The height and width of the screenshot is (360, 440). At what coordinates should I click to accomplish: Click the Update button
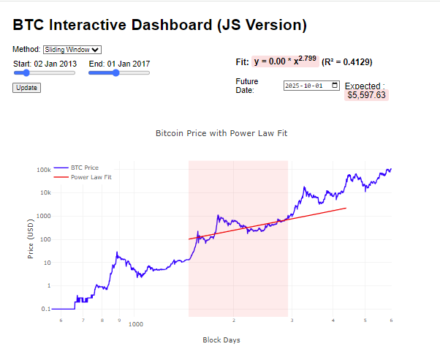tap(26, 88)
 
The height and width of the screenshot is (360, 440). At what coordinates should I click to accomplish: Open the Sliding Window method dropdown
tap(72, 49)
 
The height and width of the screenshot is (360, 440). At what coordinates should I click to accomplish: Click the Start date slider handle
tap(26, 73)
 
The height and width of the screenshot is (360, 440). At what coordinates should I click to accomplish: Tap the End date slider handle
tap(115, 73)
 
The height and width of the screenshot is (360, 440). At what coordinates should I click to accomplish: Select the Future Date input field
tap(311, 85)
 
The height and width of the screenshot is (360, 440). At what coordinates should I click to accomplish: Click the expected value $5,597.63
tap(367, 95)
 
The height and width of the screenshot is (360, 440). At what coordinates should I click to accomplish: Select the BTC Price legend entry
tap(84, 168)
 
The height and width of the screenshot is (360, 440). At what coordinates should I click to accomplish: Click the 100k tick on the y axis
tap(43, 170)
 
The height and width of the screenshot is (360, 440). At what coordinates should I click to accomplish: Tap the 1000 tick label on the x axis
tap(135, 323)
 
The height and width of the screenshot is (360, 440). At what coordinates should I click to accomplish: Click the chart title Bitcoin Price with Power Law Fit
tap(220, 134)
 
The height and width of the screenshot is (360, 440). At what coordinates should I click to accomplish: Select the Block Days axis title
tap(221, 340)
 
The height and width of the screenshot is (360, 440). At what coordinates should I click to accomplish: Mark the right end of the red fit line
tap(346, 209)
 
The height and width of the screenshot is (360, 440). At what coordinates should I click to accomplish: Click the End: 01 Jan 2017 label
tap(119, 64)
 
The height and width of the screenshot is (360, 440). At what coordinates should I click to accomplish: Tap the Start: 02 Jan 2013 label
tap(45, 64)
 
